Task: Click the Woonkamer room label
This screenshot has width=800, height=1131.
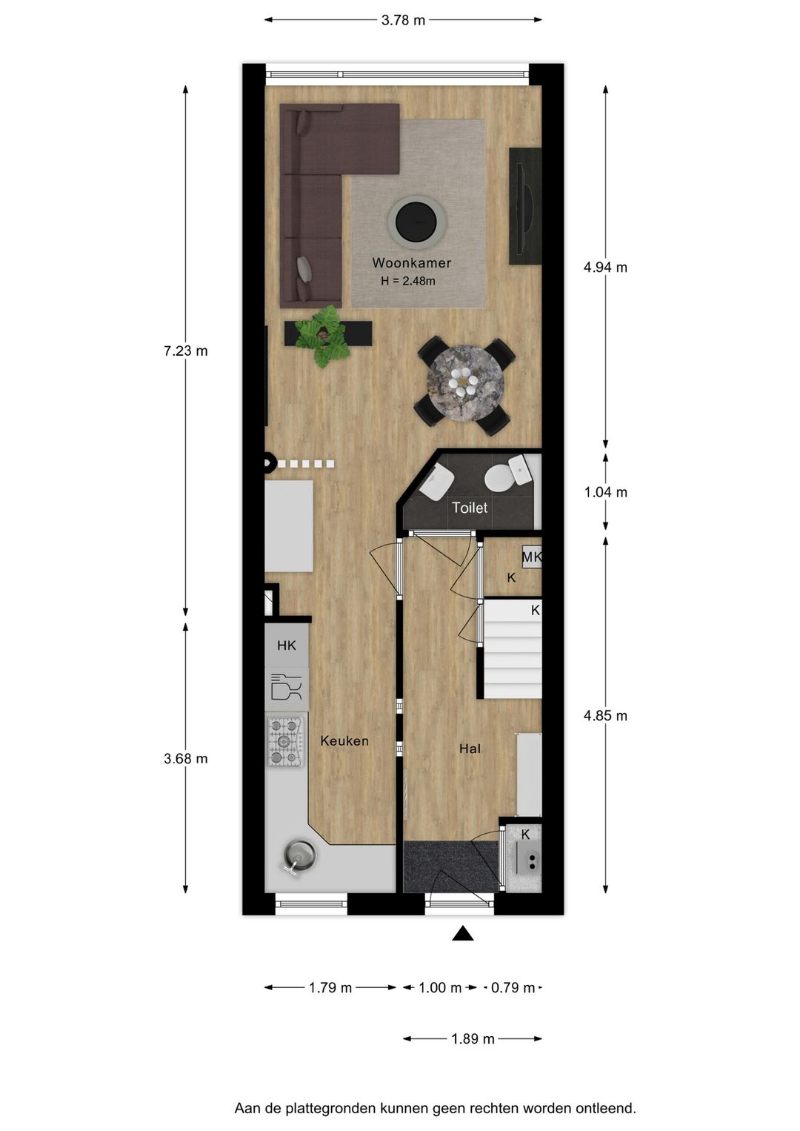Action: coord(411,263)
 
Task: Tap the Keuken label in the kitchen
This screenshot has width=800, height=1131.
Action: coord(344,741)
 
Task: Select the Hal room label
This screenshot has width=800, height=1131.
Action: coord(470,749)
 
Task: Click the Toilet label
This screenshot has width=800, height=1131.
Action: coord(470,508)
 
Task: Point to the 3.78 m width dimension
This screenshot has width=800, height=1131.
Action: coord(403,21)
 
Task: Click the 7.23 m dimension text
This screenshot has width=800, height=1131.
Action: coord(185,351)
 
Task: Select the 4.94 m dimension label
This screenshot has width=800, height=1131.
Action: coord(605,268)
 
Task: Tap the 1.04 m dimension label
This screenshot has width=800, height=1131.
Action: coord(605,492)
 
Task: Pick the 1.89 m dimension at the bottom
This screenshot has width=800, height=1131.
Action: coord(473,1039)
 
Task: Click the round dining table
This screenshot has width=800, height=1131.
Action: coord(464,384)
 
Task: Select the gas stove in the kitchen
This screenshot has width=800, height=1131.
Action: coord(285,741)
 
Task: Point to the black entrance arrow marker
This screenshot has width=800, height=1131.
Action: coord(463,934)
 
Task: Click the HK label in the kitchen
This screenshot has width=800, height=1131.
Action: coord(287,646)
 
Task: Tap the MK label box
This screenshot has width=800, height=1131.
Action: coord(532,557)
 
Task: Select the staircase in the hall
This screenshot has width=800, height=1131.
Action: coord(513,649)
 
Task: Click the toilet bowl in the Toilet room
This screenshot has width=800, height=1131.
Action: coord(502,477)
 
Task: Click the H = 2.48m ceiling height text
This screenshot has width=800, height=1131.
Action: coord(407,282)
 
